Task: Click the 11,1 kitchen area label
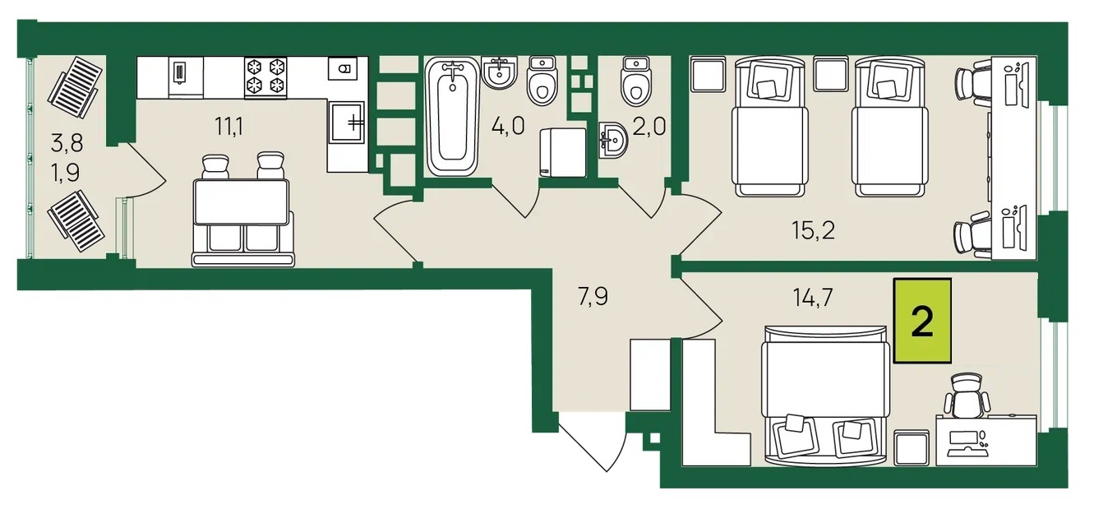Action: pos(228,127)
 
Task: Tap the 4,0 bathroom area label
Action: pos(508,126)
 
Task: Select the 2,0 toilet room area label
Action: pos(649,127)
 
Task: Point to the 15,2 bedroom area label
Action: pos(813,231)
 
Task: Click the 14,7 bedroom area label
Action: pos(813,297)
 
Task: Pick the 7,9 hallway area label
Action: pos(593,297)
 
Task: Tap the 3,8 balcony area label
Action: pos(67,143)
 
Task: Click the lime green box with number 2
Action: pos(922,321)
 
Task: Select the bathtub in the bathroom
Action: pos(453,116)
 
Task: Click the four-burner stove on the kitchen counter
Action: pos(265,78)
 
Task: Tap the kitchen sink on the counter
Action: pos(346,123)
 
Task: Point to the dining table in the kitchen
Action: pos(242,201)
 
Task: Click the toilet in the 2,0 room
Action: pos(636,81)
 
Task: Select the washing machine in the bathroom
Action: pos(563,152)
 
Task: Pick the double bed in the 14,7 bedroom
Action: pos(825,396)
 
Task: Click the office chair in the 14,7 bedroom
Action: pos(967,396)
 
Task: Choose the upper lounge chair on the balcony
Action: pos(76,88)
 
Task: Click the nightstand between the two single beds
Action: pos(831,73)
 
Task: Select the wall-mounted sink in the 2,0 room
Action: pos(613,140)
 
